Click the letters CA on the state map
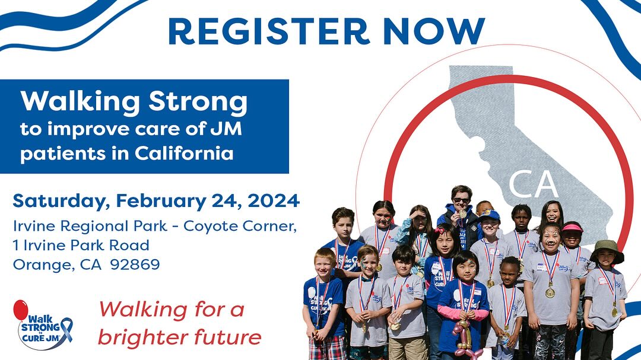pos(533,184)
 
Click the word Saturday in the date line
pos(58,201)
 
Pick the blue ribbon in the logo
pos(66,330)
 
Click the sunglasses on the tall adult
pos(460,200)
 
